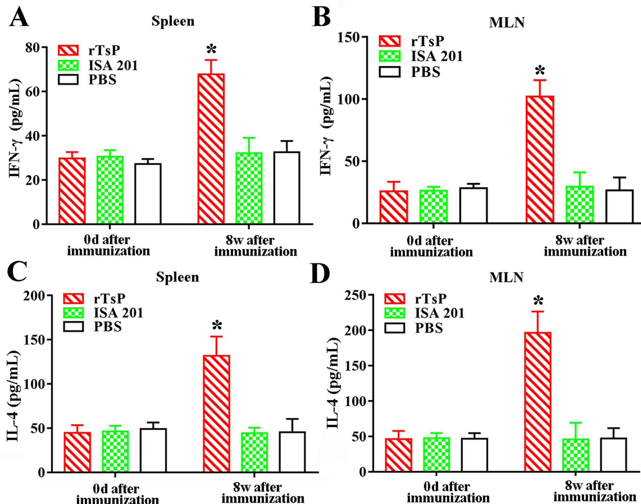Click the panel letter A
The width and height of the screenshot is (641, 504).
tap(19, 17)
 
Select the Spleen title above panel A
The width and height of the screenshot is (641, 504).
tap(173, 21)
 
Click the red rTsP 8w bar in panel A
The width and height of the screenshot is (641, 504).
tap(211, 148)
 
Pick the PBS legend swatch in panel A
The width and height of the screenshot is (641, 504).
tap(68, 80)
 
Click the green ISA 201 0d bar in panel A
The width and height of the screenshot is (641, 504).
tap(110, 190)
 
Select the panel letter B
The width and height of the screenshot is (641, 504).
tap(321, 17)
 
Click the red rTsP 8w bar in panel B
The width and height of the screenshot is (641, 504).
tap(540, 159)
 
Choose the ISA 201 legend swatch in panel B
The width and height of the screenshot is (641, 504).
tap(390, 56)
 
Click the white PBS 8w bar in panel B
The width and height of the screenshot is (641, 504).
tap(619, 206)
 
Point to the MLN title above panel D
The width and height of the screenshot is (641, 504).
tap(506, 277)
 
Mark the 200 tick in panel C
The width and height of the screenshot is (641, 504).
tap(34, 296)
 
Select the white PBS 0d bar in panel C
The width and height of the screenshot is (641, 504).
tap(153, 450)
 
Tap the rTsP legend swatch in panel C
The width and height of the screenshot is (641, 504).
tap(74, 299)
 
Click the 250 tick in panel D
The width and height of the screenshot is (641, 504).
tap(355, 295)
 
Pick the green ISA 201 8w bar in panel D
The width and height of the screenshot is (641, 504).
tap(575, 455)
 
